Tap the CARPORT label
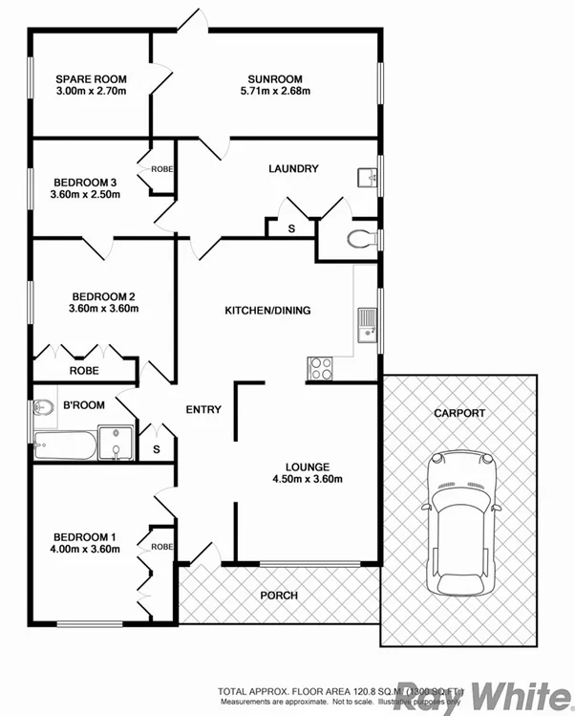click(x=459, y=414)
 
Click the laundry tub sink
click(x=367, y=177)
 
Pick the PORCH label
click(x=279, y=596)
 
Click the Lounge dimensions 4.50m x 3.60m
click(x=308, y=480)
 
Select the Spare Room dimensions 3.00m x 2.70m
click(x=91, y=92)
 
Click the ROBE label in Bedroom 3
click(x=161, y=169)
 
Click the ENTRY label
click(x=202, y=410)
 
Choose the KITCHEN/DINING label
click(x=267, y=311)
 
